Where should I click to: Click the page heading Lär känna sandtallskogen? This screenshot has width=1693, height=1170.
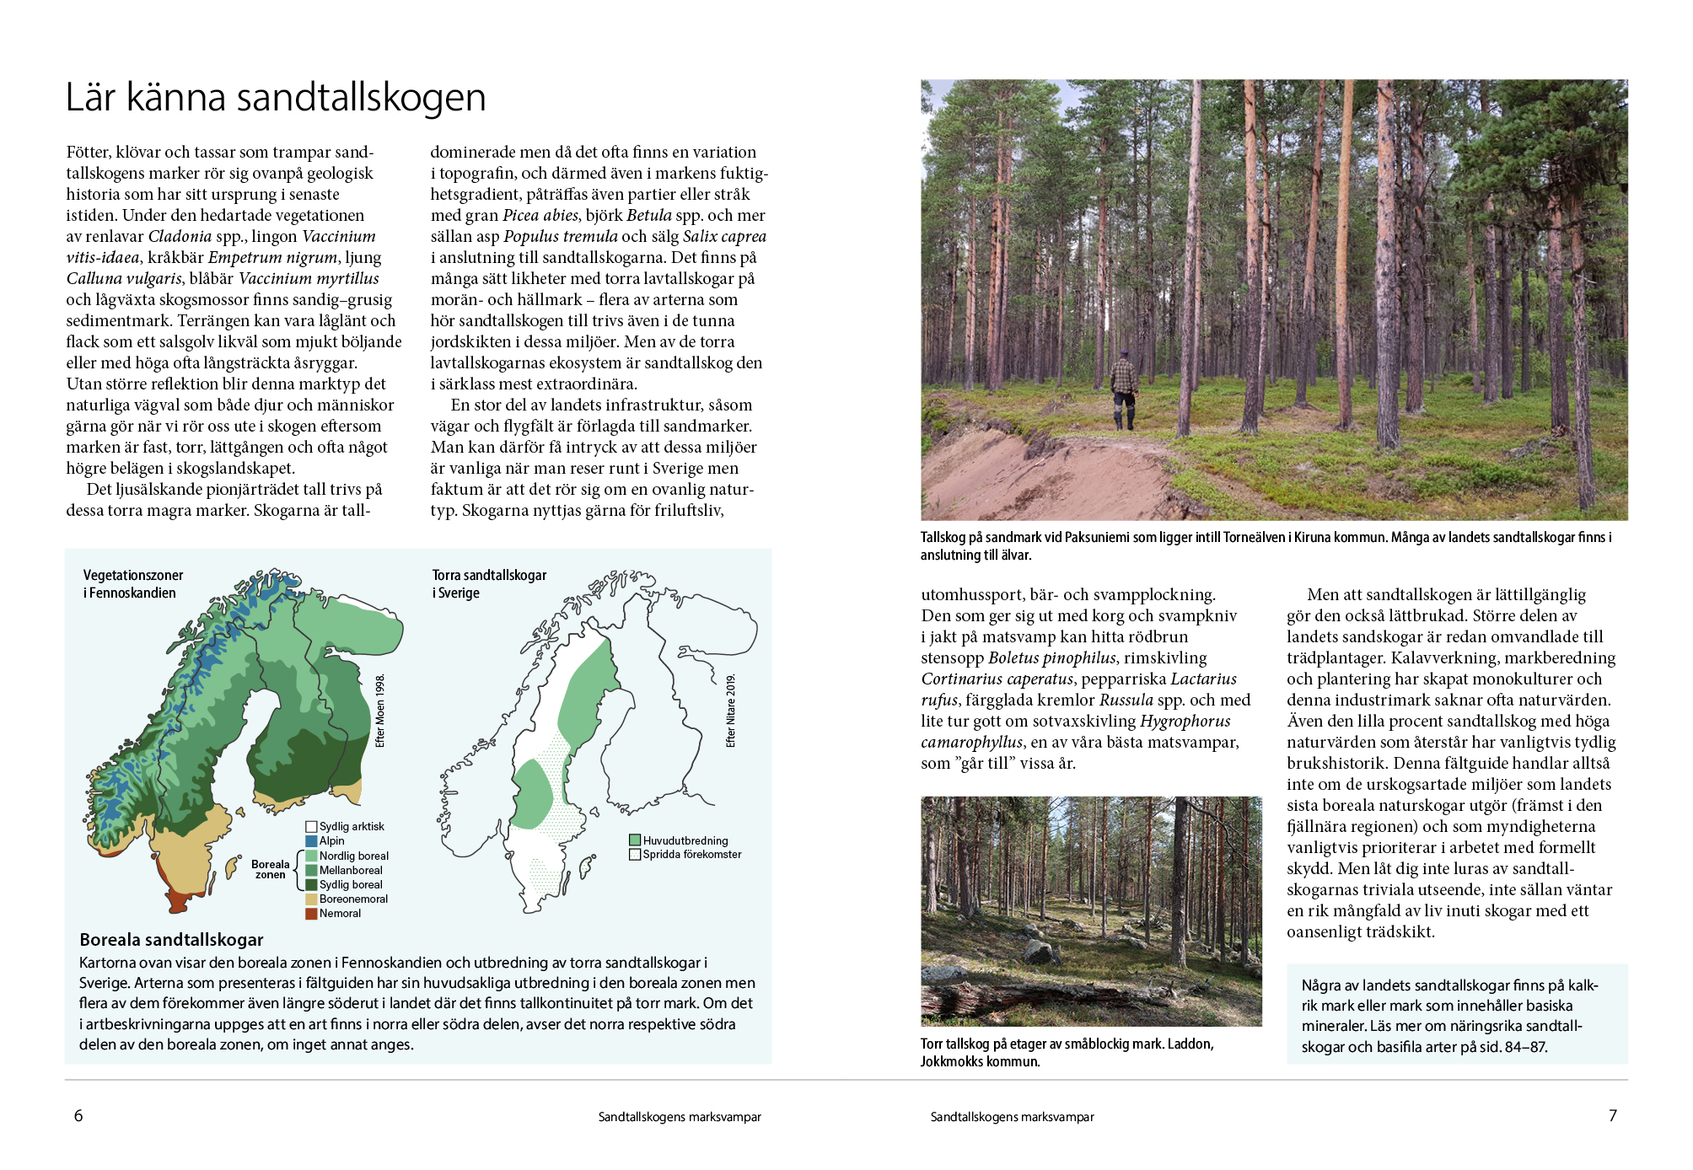(276, 98)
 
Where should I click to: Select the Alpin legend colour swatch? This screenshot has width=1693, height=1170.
(311, 841)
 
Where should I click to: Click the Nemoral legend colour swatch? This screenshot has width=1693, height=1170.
(311, 914)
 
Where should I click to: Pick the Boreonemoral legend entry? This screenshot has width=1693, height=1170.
(353, 899)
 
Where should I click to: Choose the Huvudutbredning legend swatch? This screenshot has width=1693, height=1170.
(635, 840)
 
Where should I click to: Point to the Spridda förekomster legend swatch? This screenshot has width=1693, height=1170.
(635, 855)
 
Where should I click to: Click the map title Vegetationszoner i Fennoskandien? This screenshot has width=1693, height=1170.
(132, 584)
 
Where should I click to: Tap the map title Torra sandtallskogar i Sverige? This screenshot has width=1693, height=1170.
(489, 584)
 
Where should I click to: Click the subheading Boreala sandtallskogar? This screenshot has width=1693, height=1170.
(171, 940)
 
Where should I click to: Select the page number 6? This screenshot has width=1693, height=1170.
(78, 1116)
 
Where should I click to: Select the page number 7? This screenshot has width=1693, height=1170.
(1612, 1116)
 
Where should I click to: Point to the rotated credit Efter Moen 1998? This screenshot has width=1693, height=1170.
(380, 711)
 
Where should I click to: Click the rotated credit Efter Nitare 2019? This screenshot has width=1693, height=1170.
(731, 711)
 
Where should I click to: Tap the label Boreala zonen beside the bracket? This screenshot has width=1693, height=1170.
(270, 869)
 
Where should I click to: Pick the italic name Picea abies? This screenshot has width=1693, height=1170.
(540, 216)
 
